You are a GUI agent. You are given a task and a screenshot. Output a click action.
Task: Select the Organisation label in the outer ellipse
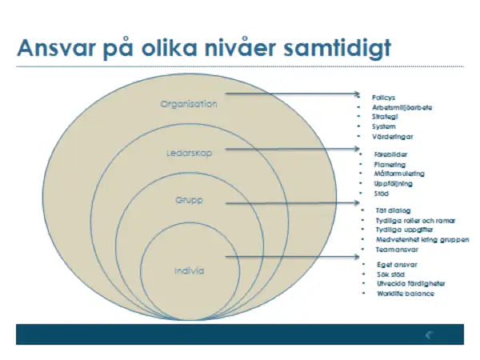click(x=189, y=104)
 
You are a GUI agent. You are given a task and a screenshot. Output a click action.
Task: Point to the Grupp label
click(x=190, y=201)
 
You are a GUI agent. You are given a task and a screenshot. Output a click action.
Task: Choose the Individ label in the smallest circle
click(x=190, y=270)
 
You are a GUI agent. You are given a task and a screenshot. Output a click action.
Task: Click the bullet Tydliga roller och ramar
click(x=409, y=220)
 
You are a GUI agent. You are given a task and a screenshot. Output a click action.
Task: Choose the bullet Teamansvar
click(x=394, y=249)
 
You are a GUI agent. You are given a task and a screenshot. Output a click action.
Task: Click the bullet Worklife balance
click(x=406, y=293)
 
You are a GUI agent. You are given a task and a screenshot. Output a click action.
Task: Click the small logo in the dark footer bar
click(x=430, y=334)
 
